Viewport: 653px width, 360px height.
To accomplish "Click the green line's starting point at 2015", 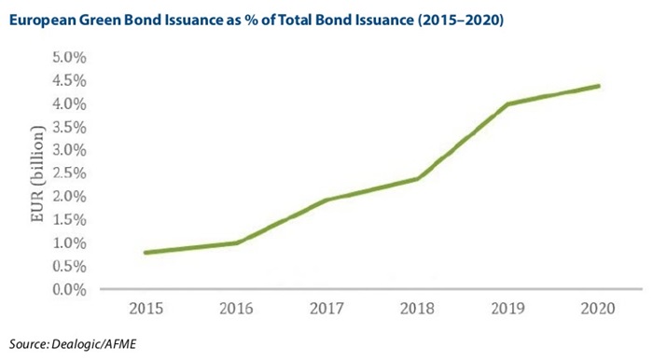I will (x=146, y=253).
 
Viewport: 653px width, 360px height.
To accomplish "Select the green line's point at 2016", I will (x=236, y=242).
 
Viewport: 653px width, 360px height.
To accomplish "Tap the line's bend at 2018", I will (x=417, y=179).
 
